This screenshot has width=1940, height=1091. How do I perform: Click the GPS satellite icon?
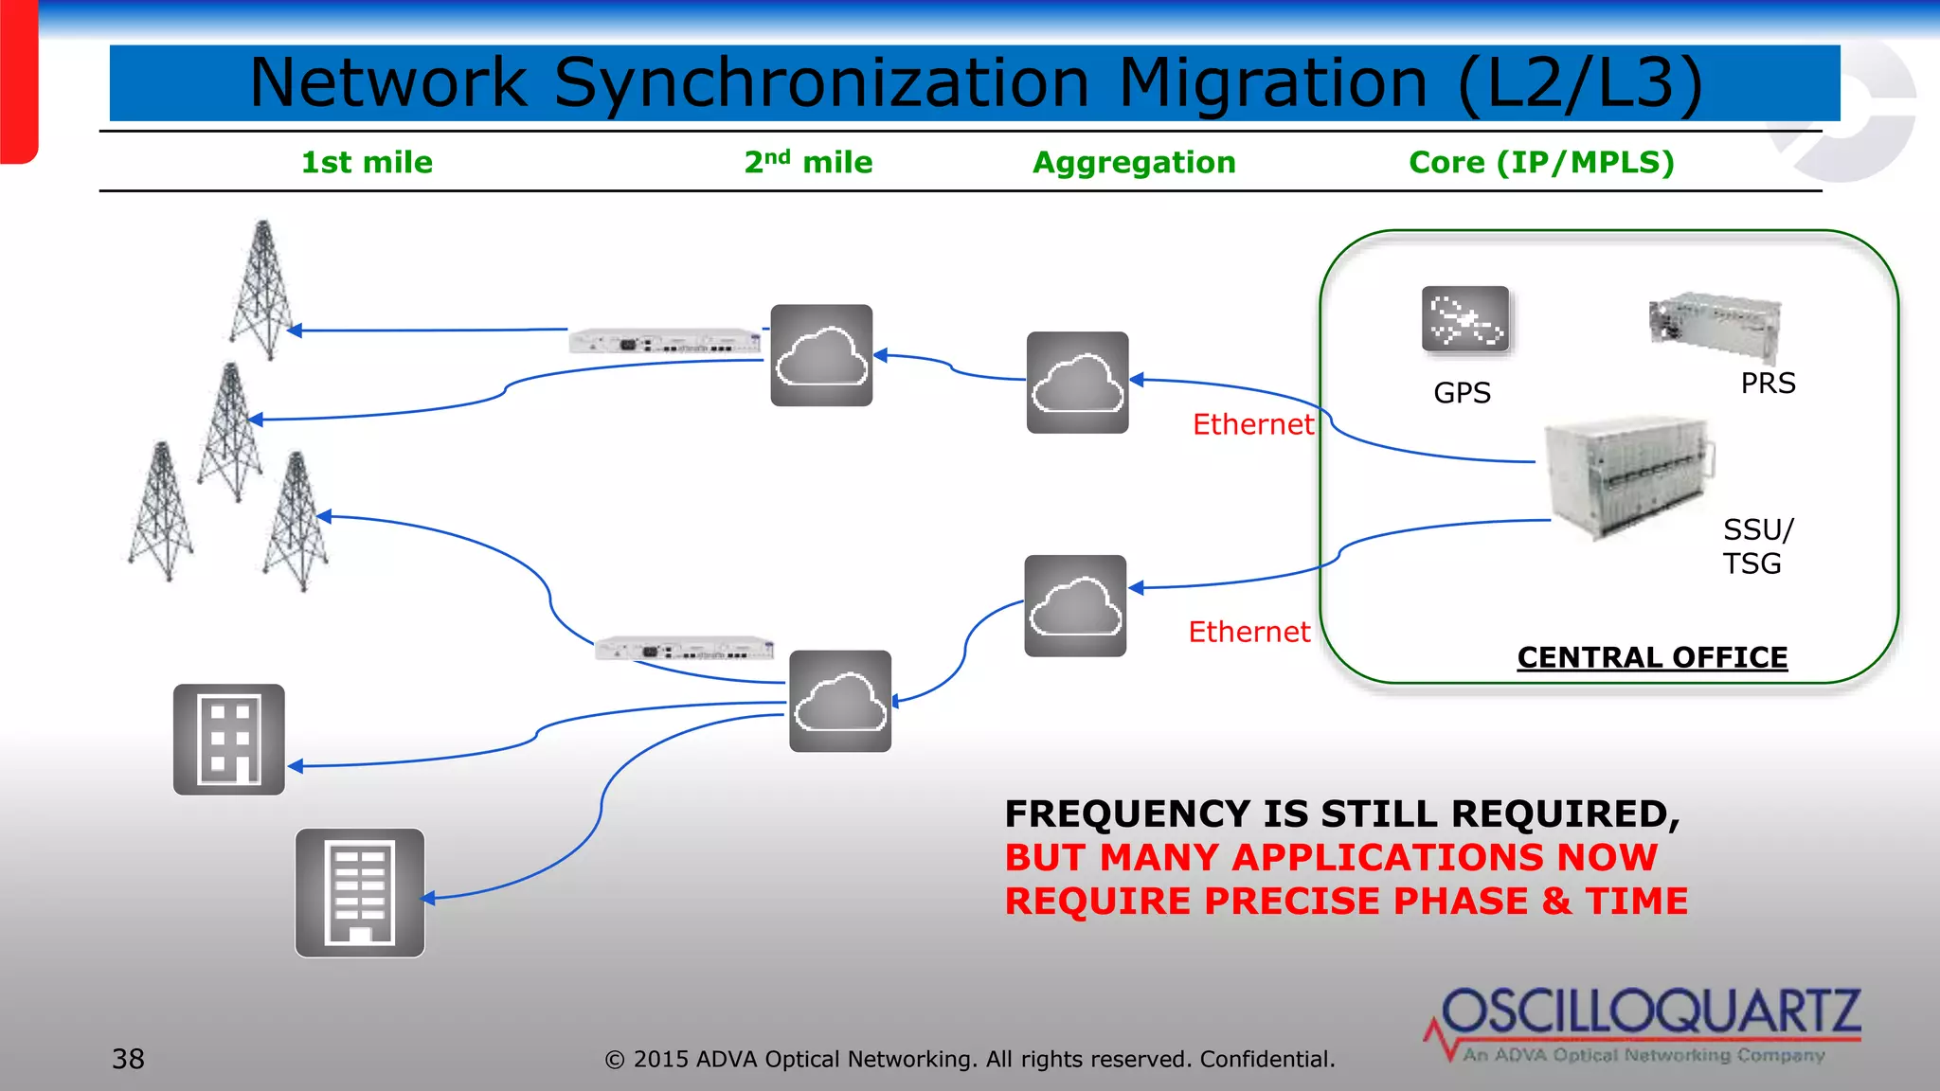pos(1465,319)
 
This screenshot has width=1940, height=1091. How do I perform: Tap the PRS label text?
pos(1768,384)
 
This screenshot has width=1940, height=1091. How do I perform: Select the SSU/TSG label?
pos(1755,546)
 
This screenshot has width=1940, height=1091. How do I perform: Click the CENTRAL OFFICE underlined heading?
pos(1652,657)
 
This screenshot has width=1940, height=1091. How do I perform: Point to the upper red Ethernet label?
pos(1252,424)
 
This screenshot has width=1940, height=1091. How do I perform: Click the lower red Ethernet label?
pos(1248,632)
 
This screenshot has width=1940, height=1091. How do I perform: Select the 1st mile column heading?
pos(367,163)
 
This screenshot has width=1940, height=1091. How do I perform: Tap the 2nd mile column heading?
pos(808,163)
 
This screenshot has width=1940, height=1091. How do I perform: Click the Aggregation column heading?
pos(1134,163)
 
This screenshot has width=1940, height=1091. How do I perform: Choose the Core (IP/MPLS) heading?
pos(1541,163)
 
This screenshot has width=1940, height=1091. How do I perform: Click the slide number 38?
pos(129,1059)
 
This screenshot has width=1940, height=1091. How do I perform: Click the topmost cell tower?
pos(262,289)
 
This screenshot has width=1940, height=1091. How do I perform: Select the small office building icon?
pos(229,740)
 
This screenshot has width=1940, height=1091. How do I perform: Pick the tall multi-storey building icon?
pos(360,893)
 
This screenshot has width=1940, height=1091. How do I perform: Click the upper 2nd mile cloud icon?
pos(821,356)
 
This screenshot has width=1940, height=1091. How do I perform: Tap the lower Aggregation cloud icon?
pos(1075,606)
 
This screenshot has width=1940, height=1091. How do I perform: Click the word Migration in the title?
pos(1273,83)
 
